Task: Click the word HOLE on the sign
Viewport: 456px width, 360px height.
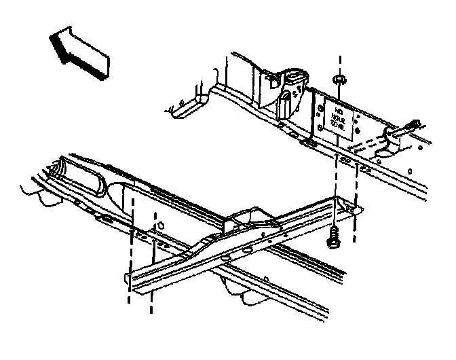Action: [x=337, y=113]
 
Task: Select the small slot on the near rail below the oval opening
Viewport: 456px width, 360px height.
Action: [x=107, y=219]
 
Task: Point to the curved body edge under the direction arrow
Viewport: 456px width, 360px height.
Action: [x=183, y=105]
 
